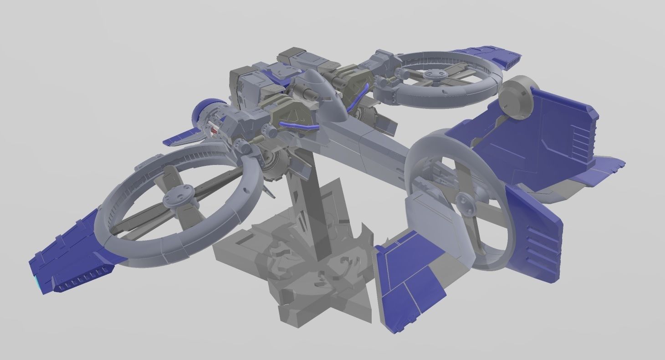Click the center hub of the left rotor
point(175,197)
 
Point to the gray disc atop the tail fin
point(517,97)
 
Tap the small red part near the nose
point(215,131)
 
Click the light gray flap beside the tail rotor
point(424,214)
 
